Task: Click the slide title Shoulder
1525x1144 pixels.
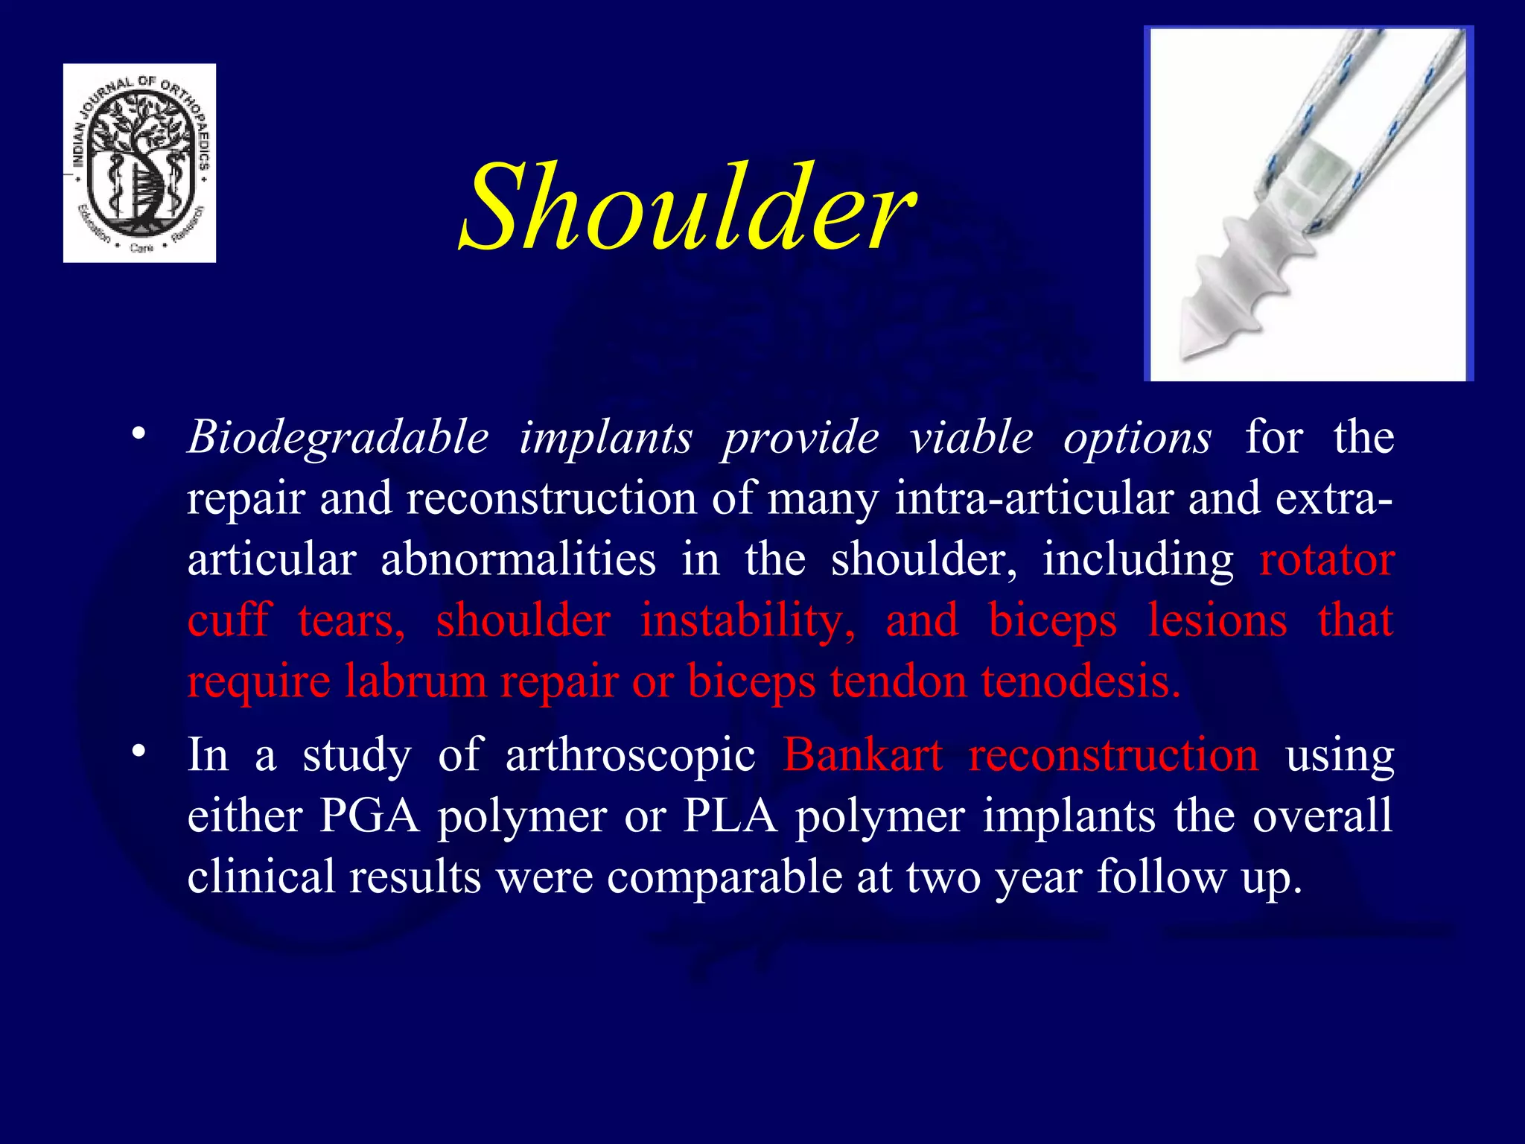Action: coord(687,209)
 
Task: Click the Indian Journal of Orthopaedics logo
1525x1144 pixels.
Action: coord(139,162)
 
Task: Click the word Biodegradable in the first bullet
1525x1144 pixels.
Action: coord(338,438)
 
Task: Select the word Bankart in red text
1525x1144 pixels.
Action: coord(862,755)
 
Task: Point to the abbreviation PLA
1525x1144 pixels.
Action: coord(730,816)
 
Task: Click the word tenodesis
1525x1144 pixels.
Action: coord(1080,681)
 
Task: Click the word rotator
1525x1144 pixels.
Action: coord(1326,560)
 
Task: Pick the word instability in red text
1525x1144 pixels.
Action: coord(748,620)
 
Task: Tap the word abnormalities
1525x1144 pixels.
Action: coord(518,560)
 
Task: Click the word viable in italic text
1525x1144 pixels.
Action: coord(970,438)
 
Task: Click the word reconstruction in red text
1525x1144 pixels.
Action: coord(1113,755)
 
